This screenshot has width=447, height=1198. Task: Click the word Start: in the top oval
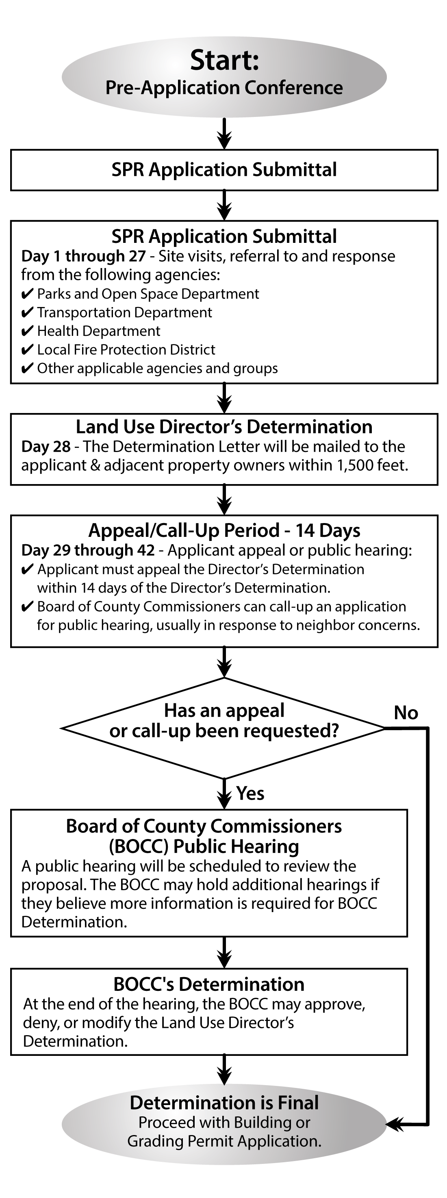pos(224,61)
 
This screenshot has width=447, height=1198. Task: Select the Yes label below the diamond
pos(250,794)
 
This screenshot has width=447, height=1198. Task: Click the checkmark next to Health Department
pos(28,331)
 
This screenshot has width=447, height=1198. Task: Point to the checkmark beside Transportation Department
pos(28,313)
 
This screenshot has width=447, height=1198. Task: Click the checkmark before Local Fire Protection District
pos(28,350)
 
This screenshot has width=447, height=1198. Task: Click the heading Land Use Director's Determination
pos(224,426)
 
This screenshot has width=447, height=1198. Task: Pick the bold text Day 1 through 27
pos(84,256)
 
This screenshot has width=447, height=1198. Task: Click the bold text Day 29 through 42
pos(88,550)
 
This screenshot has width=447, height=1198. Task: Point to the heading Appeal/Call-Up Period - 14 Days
pos(224,530)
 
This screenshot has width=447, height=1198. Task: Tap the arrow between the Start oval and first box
pos(224,134)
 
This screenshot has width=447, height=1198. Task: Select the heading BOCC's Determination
pos(209,984)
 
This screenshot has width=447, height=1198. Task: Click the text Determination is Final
pos(224,1103)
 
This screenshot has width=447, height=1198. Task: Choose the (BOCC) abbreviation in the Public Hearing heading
pos(139,846)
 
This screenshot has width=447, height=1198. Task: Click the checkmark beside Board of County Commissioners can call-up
pos(28,607)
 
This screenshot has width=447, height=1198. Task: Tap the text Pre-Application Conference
pos(224,88)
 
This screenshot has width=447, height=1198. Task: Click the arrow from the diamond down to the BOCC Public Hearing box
pos(224,794)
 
